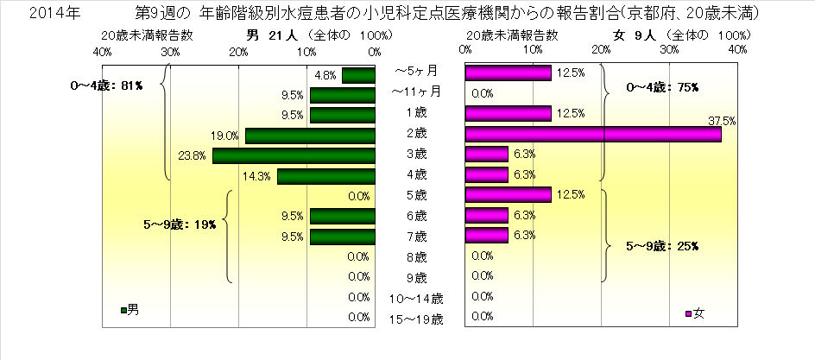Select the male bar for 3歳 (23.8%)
pos(294,155)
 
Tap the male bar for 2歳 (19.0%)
pos(310,135)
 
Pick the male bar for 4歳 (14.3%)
pos(325,176)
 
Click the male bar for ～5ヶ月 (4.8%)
pos(358,74)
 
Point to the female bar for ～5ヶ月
pos(508,74)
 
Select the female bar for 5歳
pos(508,196)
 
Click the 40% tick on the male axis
pos(102,52)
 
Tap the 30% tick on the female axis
pos(669,52)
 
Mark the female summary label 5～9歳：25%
pos(662,246)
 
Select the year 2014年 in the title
pos(37,15)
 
